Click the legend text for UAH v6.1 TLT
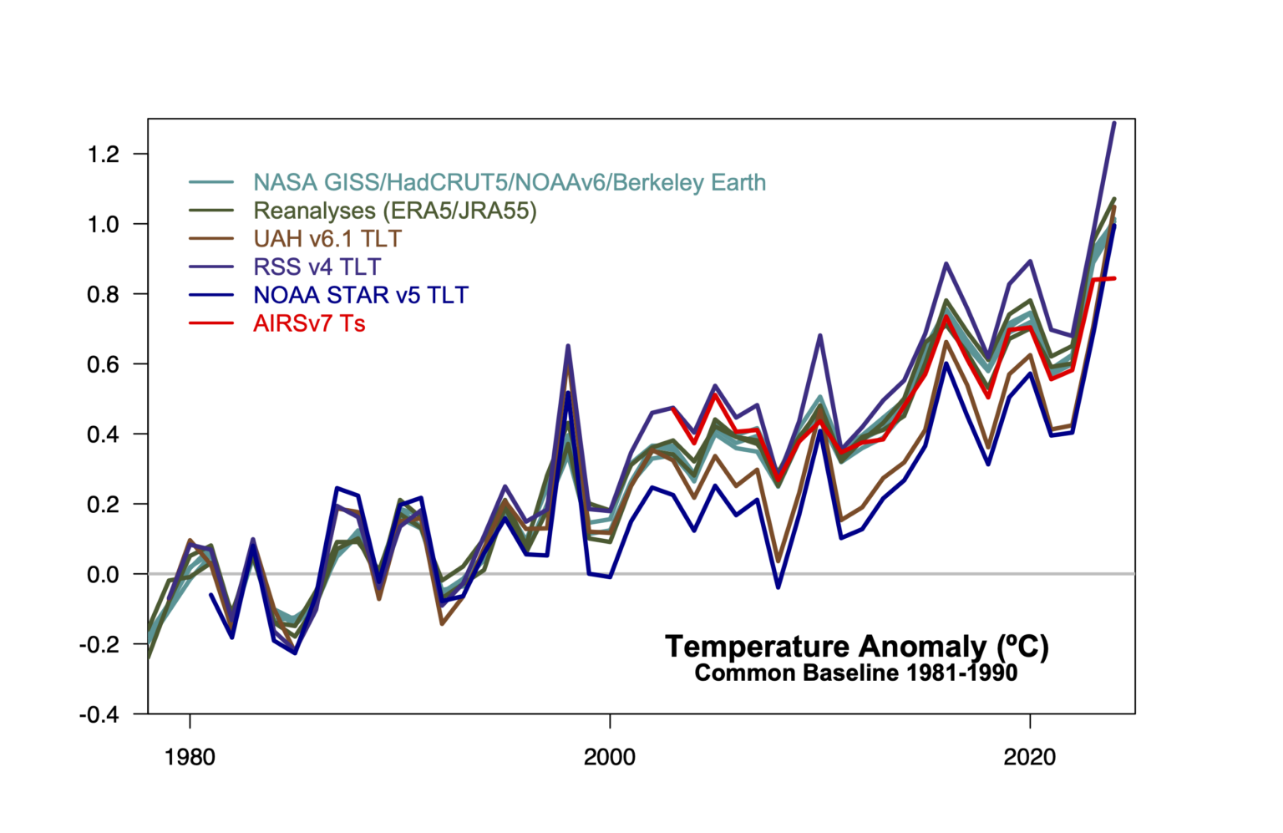[x=327, y=239]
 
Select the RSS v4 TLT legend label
[x=317, y=267]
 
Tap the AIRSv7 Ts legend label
[x=309, y=323]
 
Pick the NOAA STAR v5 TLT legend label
[x=361, y=295]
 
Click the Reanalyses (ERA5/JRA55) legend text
[x=395, y=211]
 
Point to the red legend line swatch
[x=211, y=323]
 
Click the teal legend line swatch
[x=211, y=182]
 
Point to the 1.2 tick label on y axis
[x=104, y=155]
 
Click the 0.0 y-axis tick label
[x=104, y=575]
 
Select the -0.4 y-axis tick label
[x=99, y=715]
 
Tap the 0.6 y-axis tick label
[x=104, y=365]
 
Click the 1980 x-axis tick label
[x=190, y=758]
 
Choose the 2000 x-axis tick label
[x=610, y=758]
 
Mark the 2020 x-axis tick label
[x=1030, y=758]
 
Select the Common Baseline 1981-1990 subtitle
[x=856, y=673]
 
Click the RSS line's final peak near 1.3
[x=1113, y=124]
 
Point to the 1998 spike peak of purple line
[x=568, y=346]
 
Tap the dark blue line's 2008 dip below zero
[x=778, y=587]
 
